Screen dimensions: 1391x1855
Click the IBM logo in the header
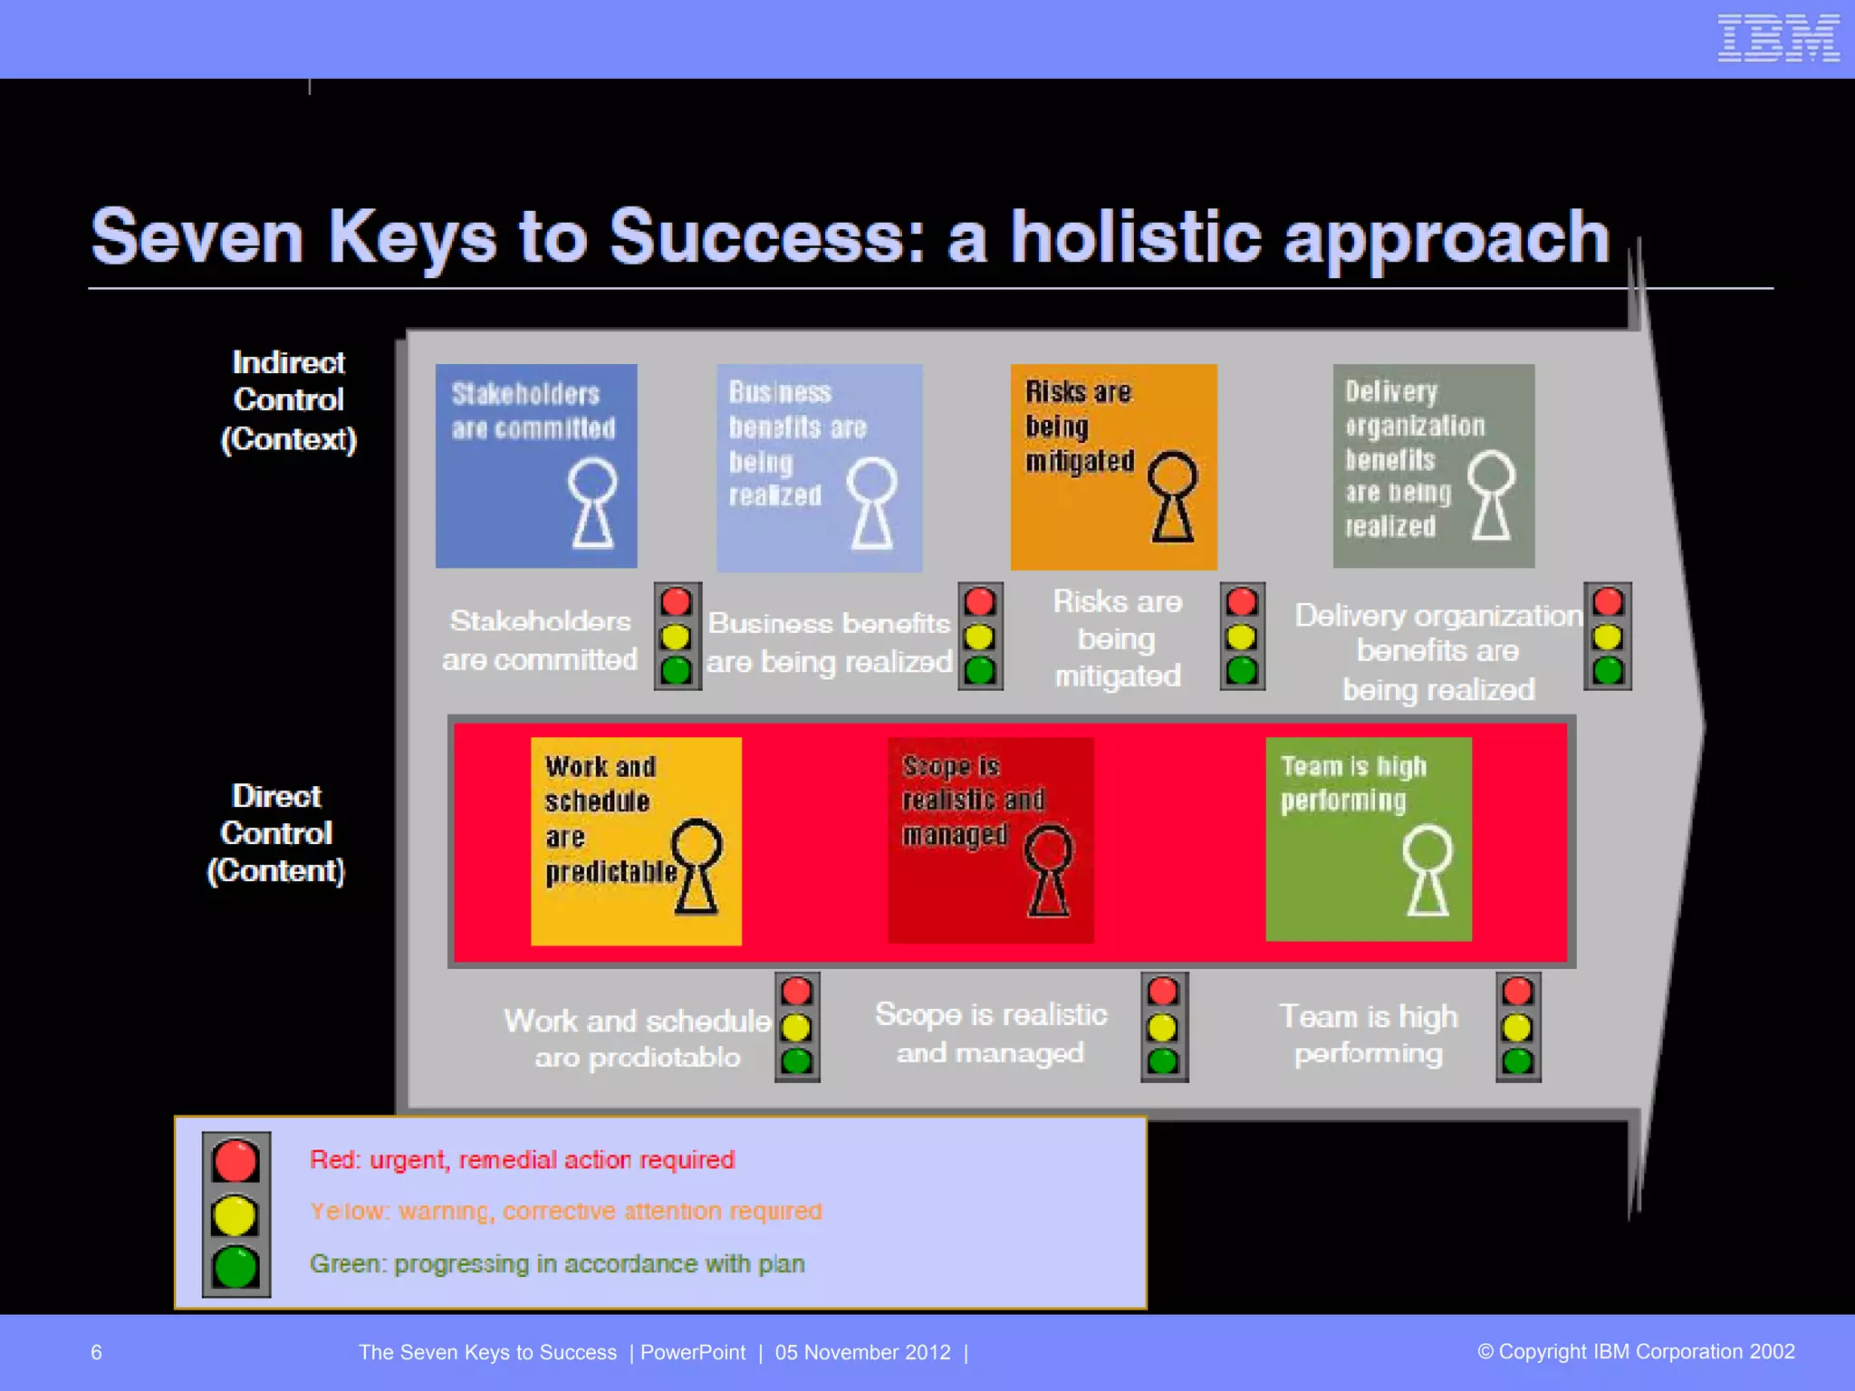coord(1778,39)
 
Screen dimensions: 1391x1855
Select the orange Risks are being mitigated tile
coord(1113,466)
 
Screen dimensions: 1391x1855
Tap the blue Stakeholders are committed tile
coord(536,466)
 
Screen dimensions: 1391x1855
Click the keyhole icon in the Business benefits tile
coord(872,504)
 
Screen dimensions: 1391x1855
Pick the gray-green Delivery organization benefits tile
coord(1433,466)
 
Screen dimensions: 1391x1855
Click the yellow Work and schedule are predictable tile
coord(636,841)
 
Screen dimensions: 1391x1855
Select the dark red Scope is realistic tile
coord(990,840)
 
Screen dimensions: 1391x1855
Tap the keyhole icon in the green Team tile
coord(1427,870)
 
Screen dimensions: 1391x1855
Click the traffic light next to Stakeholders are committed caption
coord(677,636)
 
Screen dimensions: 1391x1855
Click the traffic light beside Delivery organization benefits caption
coord(1607,636)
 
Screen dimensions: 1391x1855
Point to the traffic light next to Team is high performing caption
coord(1517,1027)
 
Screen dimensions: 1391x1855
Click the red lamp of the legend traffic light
coord(235,1161)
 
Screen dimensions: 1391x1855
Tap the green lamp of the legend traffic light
coord(235,1266)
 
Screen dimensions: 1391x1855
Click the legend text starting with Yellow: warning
coord(565,1211)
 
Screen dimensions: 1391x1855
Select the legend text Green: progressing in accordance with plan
coord(556,1263)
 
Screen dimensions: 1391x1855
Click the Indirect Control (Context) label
coord(288,400)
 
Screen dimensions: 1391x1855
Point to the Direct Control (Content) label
coord(276,833)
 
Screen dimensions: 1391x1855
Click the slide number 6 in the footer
coord(96,1352)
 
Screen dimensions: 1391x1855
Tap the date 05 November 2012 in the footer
coord(862,1352)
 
